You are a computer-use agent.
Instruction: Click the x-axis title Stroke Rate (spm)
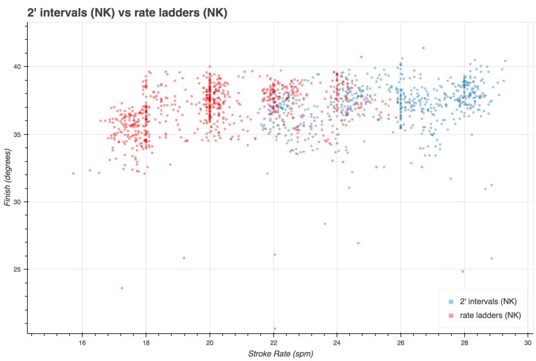[x=280, y=354]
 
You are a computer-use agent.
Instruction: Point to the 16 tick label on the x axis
[x=82, y=343]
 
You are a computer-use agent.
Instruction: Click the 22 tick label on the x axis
[x=274, y=343]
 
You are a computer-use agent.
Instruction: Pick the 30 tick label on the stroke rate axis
[x=528, y=343]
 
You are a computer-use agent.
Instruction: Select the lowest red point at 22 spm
[x=274, y=329]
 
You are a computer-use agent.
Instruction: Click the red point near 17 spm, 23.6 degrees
[x=122, y=288]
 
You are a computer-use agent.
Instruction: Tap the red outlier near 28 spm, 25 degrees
[x=463, y=271]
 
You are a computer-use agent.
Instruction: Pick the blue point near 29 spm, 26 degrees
[x=491, y=258]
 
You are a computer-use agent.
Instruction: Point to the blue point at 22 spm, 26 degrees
[x=274, y=255]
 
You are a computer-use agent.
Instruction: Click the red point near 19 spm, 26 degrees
[x=184, y=258]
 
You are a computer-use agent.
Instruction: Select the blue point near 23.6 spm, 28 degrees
[x=325, y=223]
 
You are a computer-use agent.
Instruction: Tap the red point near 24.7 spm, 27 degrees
[x=358, y=243]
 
